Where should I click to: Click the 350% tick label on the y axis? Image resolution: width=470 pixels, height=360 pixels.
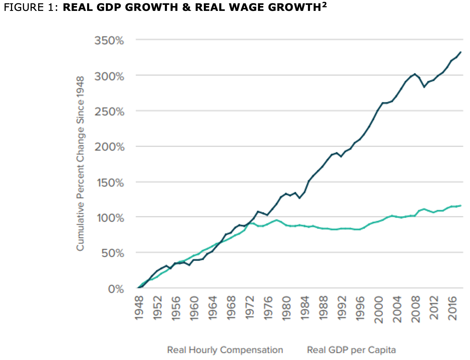click(109, 41)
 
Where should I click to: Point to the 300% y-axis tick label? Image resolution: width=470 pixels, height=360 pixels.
click(109, 76)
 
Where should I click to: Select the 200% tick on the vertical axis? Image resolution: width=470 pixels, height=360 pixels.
click(109, 147)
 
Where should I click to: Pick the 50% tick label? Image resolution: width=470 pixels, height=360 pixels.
click(112, 254)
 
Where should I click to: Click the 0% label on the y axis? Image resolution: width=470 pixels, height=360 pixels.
click(116, 289)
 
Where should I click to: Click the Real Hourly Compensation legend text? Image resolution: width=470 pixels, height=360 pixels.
click(225, 350)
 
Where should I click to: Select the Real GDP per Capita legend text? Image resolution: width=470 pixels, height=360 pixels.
click(351, 350)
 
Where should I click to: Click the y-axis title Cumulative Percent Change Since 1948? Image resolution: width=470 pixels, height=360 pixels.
click(80, 163)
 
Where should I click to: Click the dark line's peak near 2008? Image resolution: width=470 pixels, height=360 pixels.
click(415, 74)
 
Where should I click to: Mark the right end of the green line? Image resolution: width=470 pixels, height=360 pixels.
click(461, 206)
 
